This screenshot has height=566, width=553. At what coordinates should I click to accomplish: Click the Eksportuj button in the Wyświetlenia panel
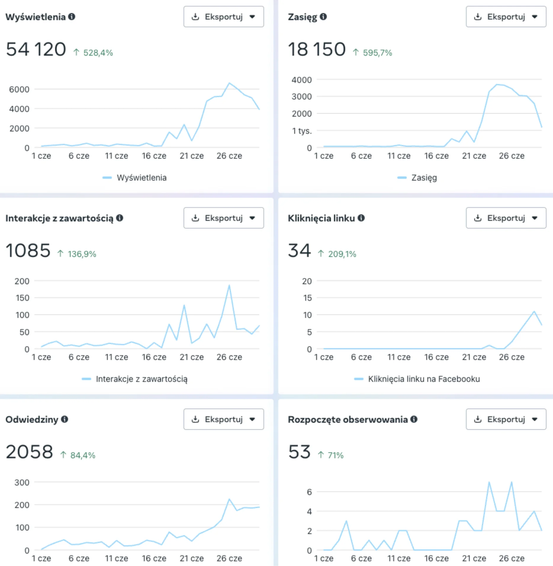224,17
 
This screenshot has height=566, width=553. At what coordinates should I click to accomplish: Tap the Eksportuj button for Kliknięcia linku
506,218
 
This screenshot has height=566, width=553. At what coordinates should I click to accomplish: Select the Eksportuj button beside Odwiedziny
224,419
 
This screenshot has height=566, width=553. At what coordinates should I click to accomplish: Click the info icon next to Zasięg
323,17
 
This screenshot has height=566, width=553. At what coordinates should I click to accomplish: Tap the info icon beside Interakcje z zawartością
120,218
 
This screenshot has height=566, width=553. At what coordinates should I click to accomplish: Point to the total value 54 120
36,49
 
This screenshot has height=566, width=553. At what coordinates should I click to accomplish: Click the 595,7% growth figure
377,53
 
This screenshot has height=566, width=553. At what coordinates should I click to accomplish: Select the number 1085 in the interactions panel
28,250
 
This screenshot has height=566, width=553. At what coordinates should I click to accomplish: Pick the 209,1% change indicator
342,254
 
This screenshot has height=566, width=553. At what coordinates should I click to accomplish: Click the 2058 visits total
29,452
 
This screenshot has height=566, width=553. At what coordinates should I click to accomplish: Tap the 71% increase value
335,455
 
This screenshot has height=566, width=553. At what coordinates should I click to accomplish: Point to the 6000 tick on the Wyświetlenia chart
19,89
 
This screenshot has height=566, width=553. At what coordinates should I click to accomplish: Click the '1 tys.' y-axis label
302,131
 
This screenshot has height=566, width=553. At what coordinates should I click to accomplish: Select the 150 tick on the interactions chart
22,298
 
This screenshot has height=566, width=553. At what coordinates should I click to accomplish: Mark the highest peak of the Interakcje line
229,285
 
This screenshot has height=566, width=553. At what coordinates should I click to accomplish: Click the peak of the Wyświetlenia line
229,83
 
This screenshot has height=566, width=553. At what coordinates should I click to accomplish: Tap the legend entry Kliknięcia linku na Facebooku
424,379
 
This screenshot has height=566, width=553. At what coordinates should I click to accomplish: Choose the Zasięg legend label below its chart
424,178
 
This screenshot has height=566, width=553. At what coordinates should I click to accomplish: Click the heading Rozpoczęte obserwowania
348,419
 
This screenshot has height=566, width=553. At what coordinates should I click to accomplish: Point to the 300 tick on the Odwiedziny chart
22,483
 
